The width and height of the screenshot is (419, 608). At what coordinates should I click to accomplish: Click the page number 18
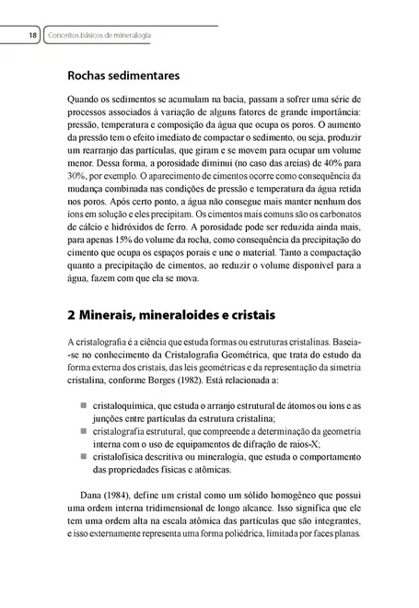point(30,35)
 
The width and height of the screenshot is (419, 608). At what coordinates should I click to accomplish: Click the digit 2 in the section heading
point(74,317)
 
